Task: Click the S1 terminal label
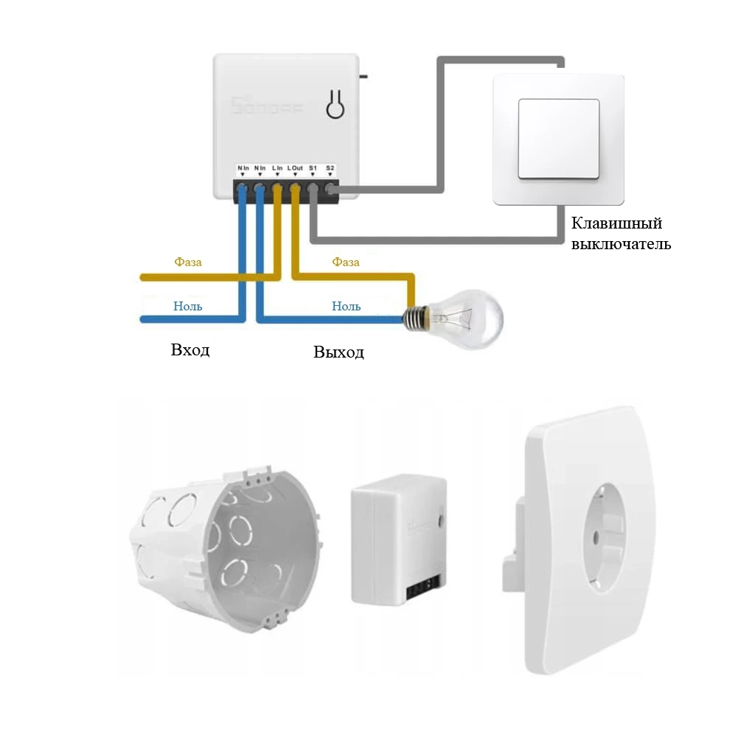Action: (313, 169)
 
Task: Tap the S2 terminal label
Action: (330, 169)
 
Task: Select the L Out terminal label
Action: (295, 169)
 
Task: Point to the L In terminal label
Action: (277, 169)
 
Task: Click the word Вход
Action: (190, 349)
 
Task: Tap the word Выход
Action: (338, 352)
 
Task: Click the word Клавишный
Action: (617, 223)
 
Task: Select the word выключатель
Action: (622, 244)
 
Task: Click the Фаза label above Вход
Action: (188, 262)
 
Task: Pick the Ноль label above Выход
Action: (346, 305)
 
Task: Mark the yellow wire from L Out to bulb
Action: (354, 277)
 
